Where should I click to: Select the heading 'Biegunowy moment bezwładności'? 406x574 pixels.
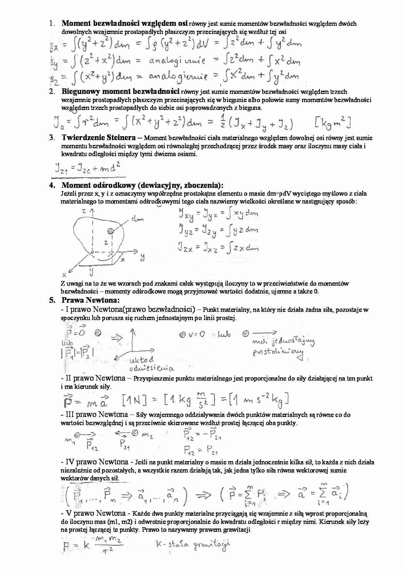(x=120, y=92)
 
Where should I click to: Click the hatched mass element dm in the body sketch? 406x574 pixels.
(x=110, y=231)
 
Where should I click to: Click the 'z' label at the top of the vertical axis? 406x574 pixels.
(x=84, y=211)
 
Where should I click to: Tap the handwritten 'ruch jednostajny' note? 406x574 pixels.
(x=284, y=342)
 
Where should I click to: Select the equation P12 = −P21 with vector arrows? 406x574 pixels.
(x=203, y=435)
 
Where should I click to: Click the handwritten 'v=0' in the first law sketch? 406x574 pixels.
(x=196, y=334)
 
